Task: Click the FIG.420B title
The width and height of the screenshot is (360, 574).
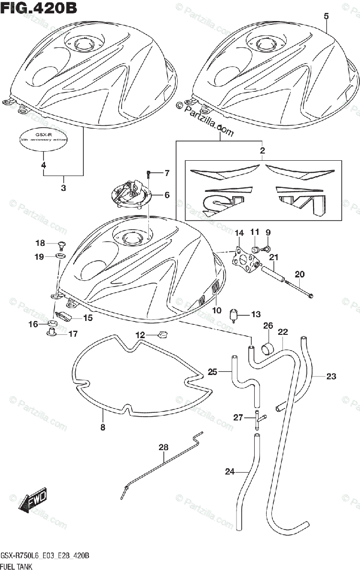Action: coord(39,8)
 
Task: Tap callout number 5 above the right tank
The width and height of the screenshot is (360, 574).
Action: coord(326,16)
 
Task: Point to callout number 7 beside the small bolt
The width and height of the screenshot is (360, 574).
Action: coord(167,173)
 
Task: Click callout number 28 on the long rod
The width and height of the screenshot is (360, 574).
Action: coord(164,448)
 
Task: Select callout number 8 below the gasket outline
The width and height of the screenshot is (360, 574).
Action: coord(102,427)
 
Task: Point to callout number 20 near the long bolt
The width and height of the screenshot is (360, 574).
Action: coord(300,274)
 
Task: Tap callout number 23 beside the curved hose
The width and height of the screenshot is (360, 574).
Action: coord(331,376)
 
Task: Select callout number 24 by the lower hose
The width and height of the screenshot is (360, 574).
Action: coord(230,472)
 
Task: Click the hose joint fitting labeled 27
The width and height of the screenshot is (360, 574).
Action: coord(258,419)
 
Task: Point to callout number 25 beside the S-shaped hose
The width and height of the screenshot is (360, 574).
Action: coord(213,371)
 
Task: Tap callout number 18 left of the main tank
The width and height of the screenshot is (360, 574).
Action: coord(40,243)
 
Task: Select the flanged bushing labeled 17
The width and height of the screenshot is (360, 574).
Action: coord(52,331)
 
